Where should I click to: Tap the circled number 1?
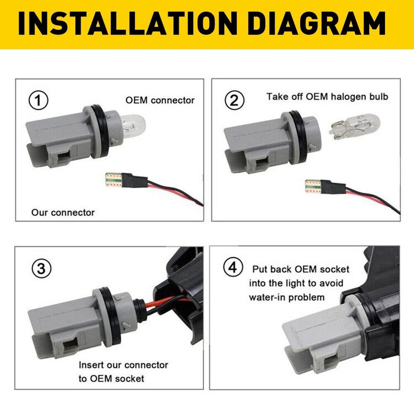tap(38, 102)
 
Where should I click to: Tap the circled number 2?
tap(234, 102)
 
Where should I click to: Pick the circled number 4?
tap(232, 268)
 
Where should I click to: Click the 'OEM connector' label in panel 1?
tap(160, 100)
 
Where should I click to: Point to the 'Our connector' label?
tap(63, 213)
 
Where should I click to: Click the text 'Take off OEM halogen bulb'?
tap(327, 96)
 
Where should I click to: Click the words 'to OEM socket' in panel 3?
tap(111, 379)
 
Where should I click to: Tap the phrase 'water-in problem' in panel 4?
tap(287, 298)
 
